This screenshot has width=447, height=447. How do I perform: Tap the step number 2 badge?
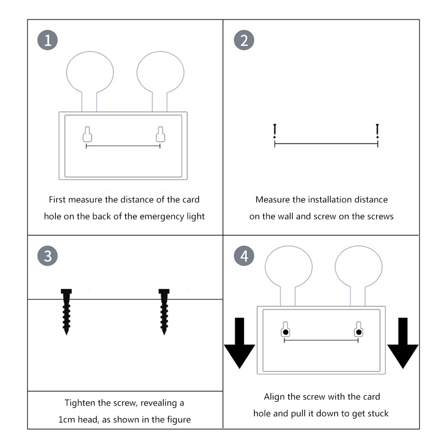tap(244, 40)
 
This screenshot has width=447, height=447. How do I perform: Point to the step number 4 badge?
tap(244, 256)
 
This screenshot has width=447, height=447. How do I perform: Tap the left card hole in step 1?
tap(87, 135)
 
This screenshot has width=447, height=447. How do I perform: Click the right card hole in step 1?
tap(160, 135)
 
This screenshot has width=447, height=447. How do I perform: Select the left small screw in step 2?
tap(274, 131)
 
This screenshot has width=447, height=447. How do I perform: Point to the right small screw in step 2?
tap(378, 131)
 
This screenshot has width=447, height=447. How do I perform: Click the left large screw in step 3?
tap(66, 311)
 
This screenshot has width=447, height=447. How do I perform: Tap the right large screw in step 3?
tap(164, 311)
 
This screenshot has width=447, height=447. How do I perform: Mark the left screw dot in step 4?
tap(286, 332)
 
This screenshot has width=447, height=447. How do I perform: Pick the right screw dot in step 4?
tap(358, 332)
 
